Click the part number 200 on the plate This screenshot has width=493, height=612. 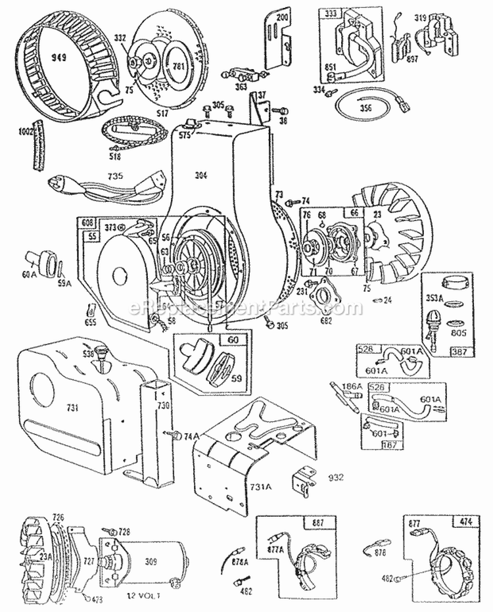(282, 17)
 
